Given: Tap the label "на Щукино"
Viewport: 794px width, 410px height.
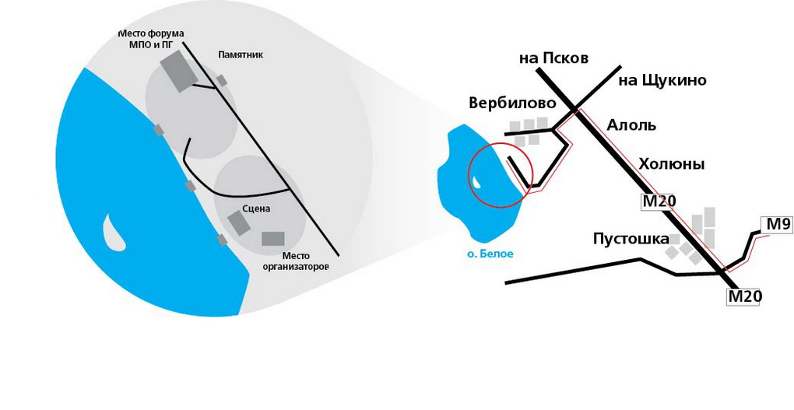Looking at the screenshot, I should point(662,80).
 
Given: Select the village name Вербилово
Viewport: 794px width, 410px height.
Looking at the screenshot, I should point(512,103).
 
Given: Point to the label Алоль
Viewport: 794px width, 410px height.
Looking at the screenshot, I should point(631,125).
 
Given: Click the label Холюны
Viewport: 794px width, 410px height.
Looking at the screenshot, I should point(671,164).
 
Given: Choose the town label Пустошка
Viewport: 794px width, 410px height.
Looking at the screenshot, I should point(631,238).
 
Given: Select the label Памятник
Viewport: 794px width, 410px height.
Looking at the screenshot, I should point(241,56).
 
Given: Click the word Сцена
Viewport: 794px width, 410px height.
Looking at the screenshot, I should point(256,209).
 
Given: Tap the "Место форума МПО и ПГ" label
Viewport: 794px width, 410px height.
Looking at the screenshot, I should point(150,39).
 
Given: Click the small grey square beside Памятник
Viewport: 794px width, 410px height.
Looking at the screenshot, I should point(222,80).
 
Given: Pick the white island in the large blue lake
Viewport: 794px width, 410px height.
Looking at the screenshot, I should point(114,233).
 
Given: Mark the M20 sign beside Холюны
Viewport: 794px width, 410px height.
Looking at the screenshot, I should point(659,202).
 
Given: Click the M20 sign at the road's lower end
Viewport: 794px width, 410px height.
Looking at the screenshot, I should point(744,296).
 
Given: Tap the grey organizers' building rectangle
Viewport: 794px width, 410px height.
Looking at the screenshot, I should point(273,239).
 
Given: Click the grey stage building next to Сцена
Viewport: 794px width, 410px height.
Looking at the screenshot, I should point(239,223).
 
